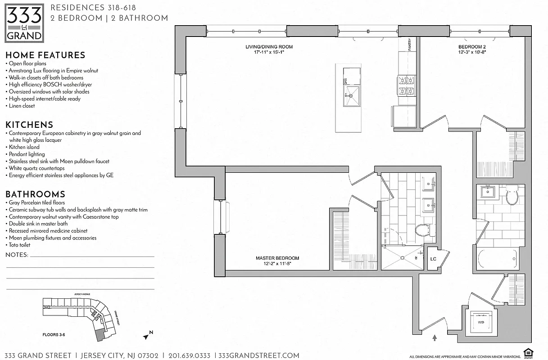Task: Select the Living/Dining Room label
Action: tap(269, 49)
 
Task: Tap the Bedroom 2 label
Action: tap(472, 49)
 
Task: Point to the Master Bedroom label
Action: tap(277, 261)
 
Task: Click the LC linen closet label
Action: tap(433, 259)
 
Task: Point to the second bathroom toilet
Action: tap(513, 195)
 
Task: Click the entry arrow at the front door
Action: tap(435, 337)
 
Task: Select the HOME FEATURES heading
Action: tap(45, 55)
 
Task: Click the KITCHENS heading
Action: tap(29, 125)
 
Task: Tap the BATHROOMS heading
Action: tap(35, 194)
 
